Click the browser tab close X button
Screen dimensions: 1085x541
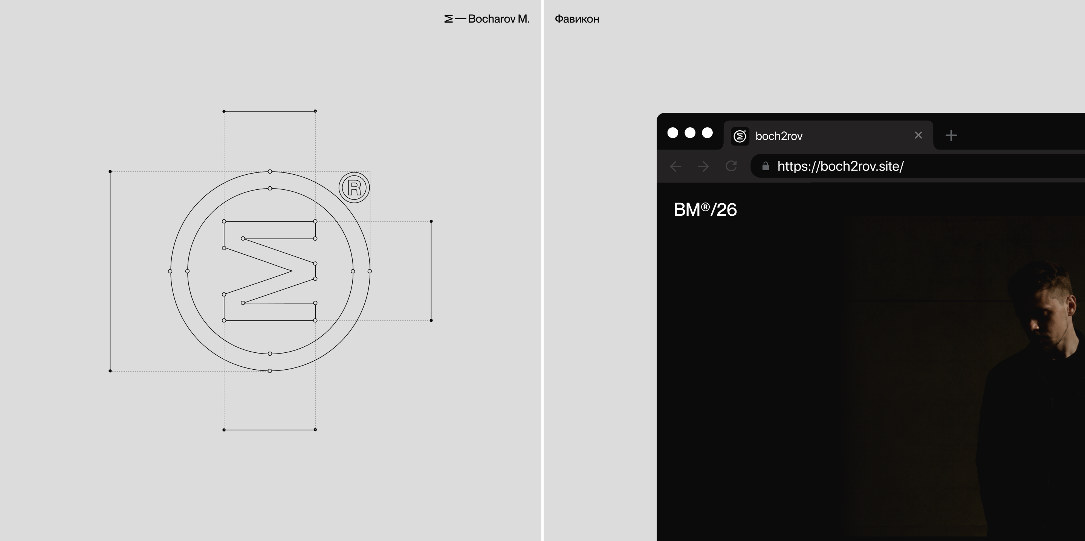[918, 135]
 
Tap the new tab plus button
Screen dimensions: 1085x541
[951, 135]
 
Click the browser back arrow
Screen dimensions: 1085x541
[675, 166]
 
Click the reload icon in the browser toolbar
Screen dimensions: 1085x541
[731, 166]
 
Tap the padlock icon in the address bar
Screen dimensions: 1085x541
[765, 166]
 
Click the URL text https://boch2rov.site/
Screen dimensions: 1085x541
[840, 166]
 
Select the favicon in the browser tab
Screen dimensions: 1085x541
[740, 136]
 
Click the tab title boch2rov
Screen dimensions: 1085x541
[779, 136]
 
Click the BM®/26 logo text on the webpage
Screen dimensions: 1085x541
[705, 209]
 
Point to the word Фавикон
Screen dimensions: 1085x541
[577, 19]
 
